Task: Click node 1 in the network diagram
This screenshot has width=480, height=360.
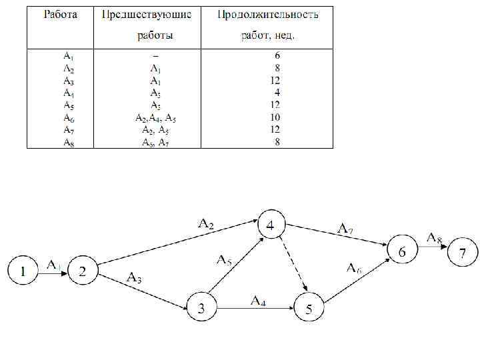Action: (x=23, y=271)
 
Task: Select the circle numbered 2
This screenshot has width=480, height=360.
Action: (x=83, y=271)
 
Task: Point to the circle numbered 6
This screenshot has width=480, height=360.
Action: (x=402, y=251)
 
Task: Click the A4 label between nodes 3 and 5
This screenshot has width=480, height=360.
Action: (x=259, y=301)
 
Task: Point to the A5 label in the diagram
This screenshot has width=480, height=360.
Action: (x=224, y=259)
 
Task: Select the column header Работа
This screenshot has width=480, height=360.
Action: (x=61, y=15)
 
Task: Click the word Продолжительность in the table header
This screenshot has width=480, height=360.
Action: (x=268, y=15)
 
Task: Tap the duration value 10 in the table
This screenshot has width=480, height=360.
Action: (x=275, y=118)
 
